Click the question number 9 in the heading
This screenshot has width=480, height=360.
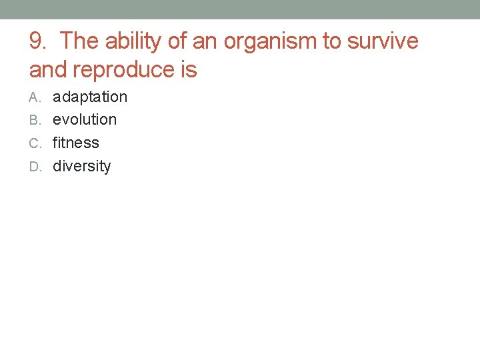click(37, 41)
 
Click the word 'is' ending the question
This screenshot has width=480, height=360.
click(189, 69)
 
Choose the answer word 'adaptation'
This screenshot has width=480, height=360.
click(90, 97)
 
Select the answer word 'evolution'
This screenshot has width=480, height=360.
click(85, 120)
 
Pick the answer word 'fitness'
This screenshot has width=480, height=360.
click(76, 143)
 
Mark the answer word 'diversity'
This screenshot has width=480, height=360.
click(82, 166)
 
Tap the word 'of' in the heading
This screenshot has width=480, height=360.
click(177, 41)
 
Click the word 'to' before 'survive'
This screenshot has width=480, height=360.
click(331, 41)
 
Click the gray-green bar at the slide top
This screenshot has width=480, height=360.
click(240, 9)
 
